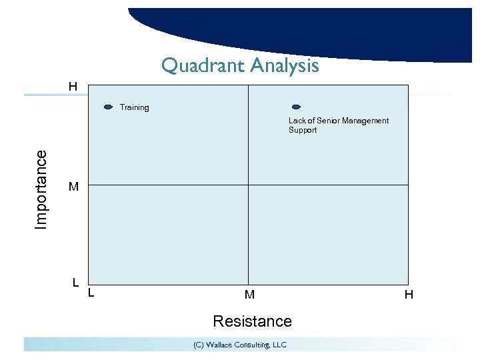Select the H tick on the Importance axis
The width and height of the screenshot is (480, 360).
72,87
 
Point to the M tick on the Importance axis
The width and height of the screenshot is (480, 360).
73,187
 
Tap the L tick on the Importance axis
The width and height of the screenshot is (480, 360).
77,282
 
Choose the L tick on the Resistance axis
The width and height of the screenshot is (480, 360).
91,292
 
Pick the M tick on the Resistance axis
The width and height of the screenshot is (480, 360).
249,294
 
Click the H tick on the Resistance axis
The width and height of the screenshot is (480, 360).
408,294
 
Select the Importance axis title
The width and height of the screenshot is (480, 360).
41,189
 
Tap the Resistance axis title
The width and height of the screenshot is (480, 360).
252,321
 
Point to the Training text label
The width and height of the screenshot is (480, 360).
134,107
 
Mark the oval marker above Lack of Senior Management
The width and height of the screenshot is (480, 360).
297,107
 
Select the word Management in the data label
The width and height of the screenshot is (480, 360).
365,121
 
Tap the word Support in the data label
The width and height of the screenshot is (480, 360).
303,130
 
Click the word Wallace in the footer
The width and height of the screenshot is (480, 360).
221,345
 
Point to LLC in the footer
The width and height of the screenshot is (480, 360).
279,345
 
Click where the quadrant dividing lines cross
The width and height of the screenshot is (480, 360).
248,185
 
